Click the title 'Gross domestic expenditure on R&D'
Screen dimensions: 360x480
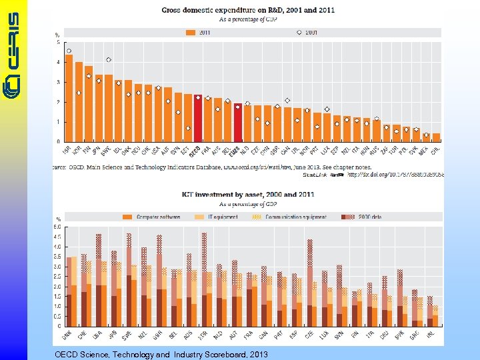(248, 10)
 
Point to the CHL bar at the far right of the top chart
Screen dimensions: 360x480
(436, 137)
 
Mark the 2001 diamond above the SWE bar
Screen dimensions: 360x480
(109, 60)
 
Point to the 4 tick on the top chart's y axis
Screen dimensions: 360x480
(58, 62)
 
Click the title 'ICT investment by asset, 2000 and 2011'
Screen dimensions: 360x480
(248, 194)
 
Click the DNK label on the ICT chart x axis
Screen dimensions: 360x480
(69, 335)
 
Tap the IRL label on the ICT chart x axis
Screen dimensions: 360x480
(431, 335)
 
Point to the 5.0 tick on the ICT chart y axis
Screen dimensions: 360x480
(57, 227)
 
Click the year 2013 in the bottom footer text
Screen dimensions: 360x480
(258, 354)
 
